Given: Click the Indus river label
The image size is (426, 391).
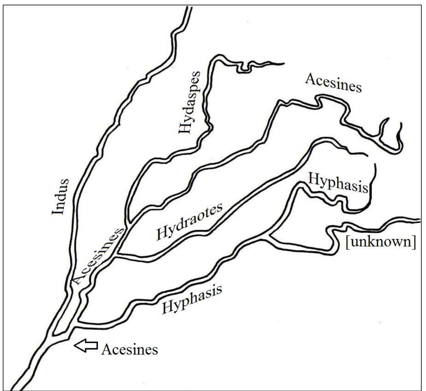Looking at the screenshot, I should (x=60, y=197).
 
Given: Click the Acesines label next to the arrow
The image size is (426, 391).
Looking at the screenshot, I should (x=130, y=349).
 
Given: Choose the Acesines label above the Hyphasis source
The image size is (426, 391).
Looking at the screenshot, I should (x=333, y=83).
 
